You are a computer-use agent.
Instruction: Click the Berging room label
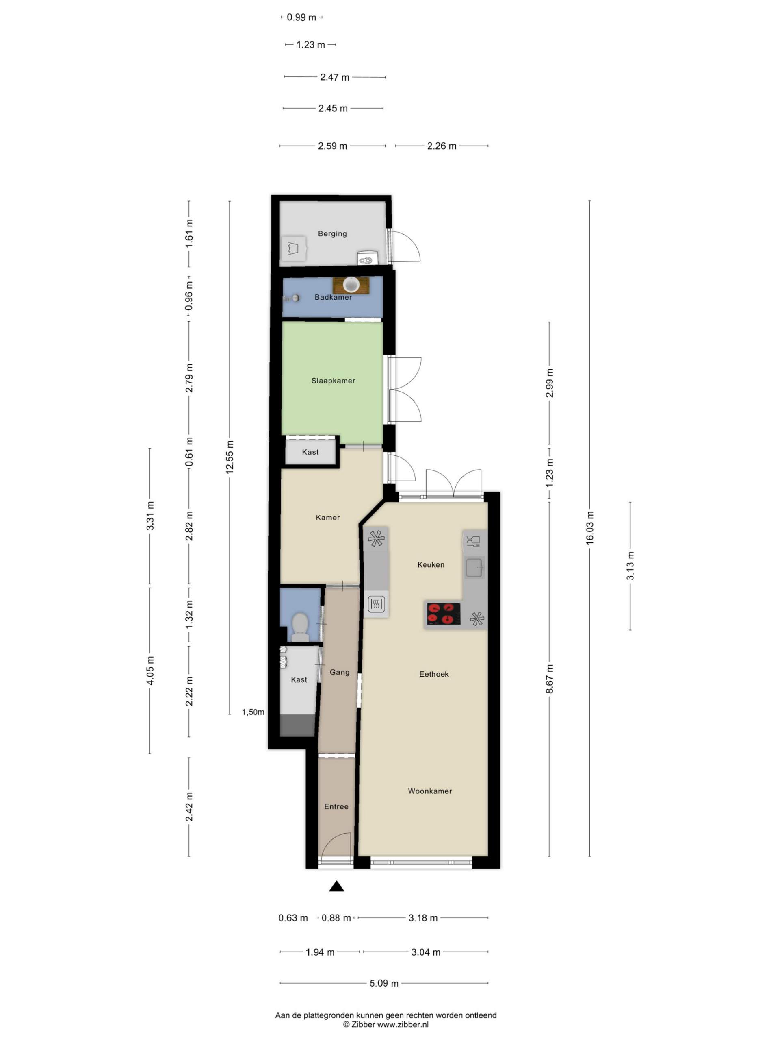[x=332, y=233]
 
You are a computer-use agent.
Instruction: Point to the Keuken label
[x=431, y=564]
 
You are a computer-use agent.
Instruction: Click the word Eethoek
[x=434, y=674]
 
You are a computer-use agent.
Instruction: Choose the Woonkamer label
[x=430, y=791]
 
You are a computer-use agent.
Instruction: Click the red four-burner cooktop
[x=443, y=613]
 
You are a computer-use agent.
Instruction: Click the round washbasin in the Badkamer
[x=351, y=285]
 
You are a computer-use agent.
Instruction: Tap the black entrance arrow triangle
[x=336, y=886]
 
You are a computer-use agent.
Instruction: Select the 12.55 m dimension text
[x=230, y=457]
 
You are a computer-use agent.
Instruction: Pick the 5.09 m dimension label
[x=383, y=983]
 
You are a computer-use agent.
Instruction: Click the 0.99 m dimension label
[x=301, y=17]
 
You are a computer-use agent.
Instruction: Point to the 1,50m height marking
[x=253, y=712]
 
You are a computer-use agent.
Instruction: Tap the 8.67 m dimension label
[x=549, y=679]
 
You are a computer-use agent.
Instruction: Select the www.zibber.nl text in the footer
[x=403, y=1024]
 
